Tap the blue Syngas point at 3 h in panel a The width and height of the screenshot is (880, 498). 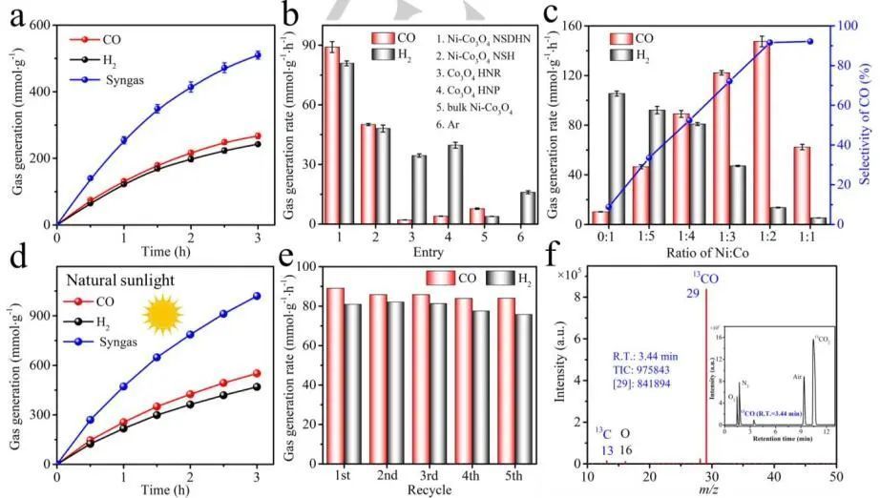point(257,55)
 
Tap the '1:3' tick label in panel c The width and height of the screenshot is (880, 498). point(722,235)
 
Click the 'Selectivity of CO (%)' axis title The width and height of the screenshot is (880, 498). point(866,125)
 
